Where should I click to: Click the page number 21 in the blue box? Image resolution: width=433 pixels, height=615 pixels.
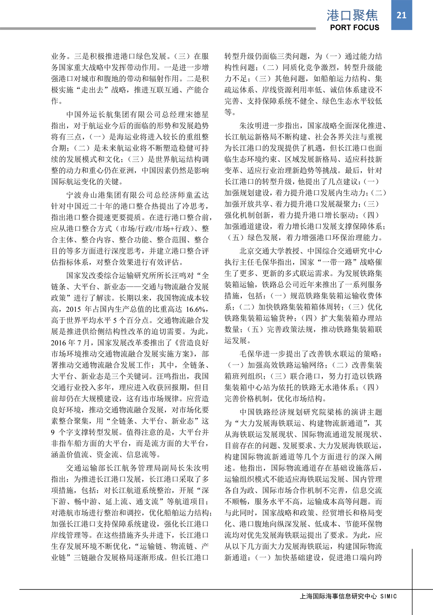(401, 15)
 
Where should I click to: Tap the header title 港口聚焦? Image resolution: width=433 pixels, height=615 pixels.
(352, 15)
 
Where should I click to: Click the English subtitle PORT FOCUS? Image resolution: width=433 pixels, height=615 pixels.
(354, 27)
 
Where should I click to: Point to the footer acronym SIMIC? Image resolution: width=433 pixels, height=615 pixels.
(389, 596)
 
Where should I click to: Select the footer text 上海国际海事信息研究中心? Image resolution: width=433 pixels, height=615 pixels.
(338, 596)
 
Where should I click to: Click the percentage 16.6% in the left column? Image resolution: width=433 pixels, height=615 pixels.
(196, 309)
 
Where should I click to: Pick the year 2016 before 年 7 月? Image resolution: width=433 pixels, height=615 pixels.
(59, 343)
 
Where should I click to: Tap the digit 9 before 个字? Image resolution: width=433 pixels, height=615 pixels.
(53, 432)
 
